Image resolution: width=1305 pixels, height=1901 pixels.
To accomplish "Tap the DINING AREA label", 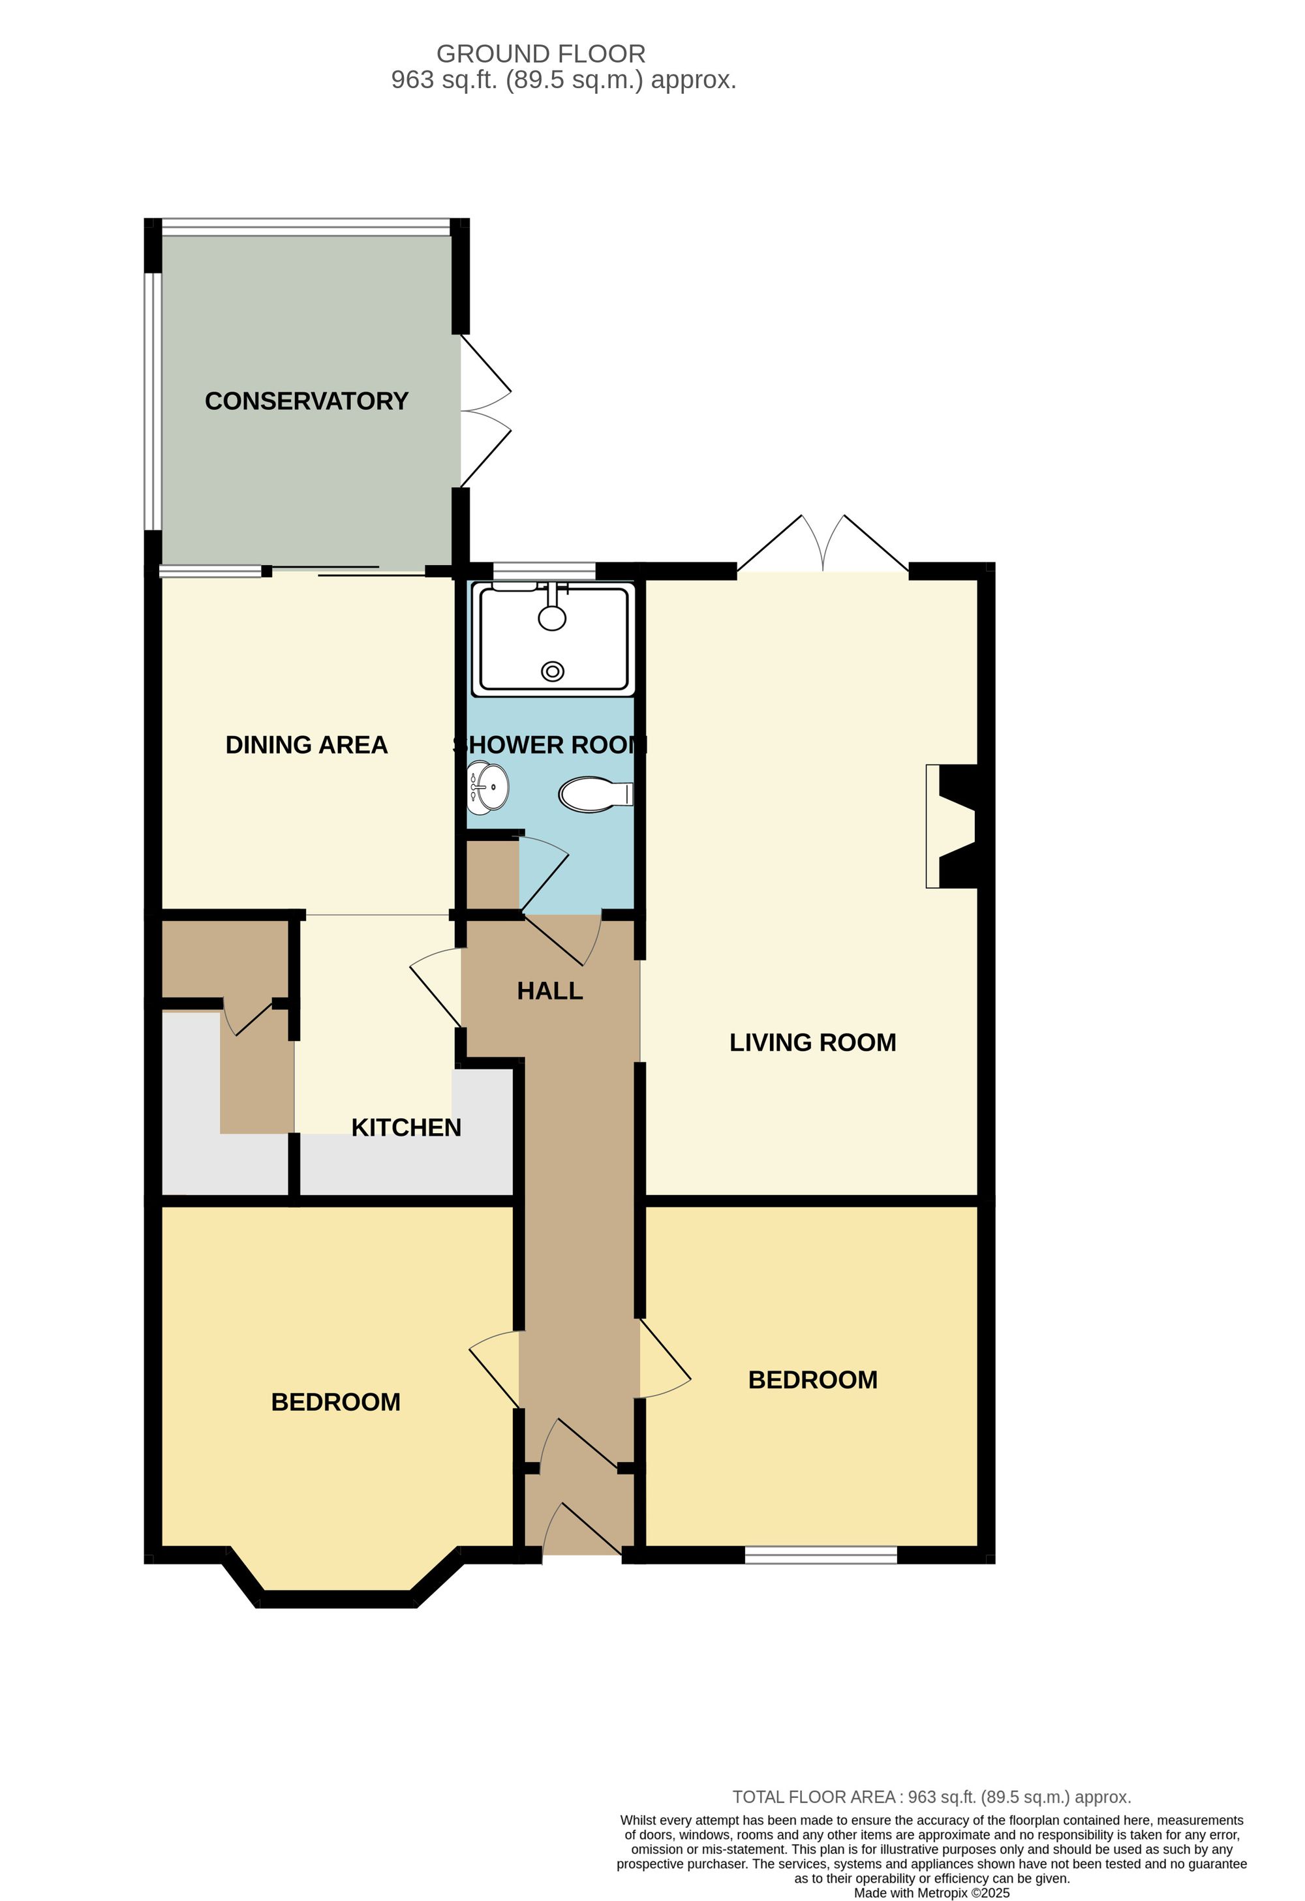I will coord(306,744).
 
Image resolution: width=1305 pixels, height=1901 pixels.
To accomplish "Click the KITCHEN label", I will coord(406,1127).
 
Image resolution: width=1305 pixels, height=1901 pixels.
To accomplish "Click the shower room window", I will coord(544,571).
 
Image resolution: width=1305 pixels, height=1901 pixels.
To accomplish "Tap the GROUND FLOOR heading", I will coord(541,54).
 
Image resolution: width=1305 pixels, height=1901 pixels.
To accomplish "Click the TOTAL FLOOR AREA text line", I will coord(931,1797).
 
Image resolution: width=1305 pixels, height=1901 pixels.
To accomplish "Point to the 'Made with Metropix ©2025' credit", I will coord(931,1892).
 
